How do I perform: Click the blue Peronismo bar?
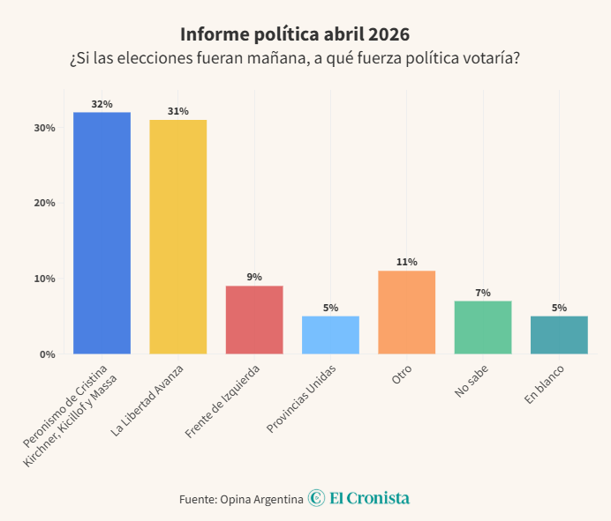[102, 233]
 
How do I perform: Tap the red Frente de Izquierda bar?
[254, 319]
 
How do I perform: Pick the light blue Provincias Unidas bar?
[330, 334]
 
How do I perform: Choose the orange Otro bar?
[406, 312]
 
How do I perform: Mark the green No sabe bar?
[483, 327]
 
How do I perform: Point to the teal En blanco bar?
[559, 334]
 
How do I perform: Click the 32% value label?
[102, 104]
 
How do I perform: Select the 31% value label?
[177, 112]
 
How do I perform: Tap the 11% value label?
[406, 263]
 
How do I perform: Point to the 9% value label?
[254, 278]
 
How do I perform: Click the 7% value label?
[483, 293]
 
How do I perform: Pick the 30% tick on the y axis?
[45, 128]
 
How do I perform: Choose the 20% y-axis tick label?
[45, 203]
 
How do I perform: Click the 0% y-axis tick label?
[48, 354]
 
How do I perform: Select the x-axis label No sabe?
[471, 382]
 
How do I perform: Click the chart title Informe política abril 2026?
[295, 34]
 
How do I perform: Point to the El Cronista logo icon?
[317, 498]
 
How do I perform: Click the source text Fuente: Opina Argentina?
[241, 499]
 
